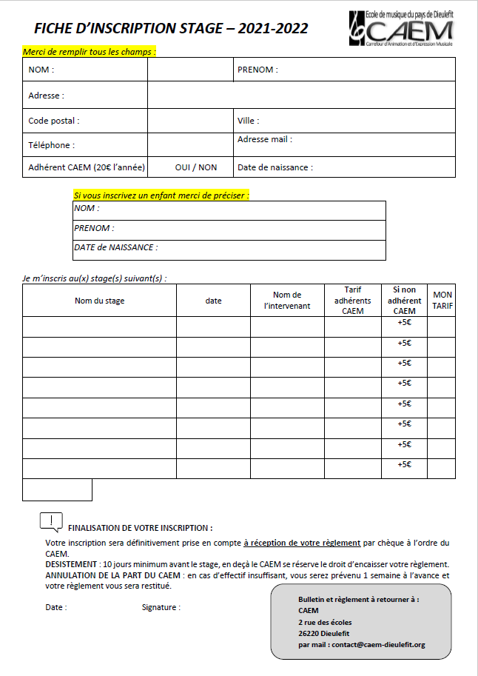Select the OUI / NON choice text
[x=196, y=167]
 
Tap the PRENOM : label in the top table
[x=257, y=70]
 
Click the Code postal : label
[x=53, y=121]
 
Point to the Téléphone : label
[x=51, y=145]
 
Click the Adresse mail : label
[x=264, y=139]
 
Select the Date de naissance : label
[x=275, y=167]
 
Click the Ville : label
[x=249, y=121]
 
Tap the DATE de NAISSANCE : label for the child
[x=115, y=248]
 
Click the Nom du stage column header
[x=99, y=301]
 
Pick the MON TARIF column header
[x=442, y=300]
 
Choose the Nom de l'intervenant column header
[x=287, y=300]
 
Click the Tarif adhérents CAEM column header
[x=353, y=300]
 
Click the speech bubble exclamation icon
[x=50, y=522]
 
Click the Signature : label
[x=161, y=607]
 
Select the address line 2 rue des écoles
[x=325, y=622]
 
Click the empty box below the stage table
[x=57, y=489]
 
